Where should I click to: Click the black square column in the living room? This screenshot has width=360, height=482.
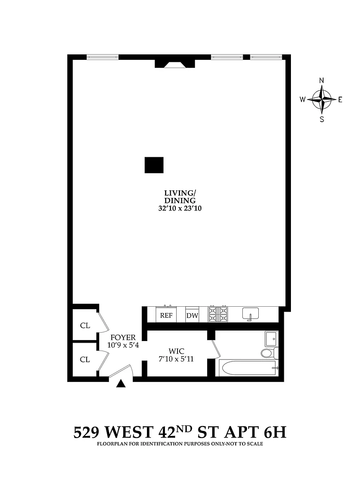point(154,165)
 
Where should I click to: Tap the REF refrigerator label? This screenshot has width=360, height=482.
point(166,316)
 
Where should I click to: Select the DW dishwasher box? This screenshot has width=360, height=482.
point(192,315)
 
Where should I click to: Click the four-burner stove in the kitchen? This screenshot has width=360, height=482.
point(218,314)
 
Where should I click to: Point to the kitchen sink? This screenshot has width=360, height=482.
point(251,314)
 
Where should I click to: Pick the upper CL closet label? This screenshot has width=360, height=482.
point(85,326)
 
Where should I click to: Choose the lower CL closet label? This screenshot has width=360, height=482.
point(85,359)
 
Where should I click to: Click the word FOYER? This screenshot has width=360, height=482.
point(123,338)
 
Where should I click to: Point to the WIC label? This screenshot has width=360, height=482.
point(177,351)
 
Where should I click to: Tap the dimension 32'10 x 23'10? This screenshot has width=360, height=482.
point(180,208)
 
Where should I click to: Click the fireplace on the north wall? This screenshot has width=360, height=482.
point(175,63)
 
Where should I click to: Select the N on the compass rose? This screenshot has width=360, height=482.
point(321,80)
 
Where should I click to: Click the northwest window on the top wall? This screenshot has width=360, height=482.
point(103,57)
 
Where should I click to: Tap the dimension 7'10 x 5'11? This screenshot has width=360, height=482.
point(176,359)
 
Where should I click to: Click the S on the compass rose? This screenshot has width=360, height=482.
point(322,119)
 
